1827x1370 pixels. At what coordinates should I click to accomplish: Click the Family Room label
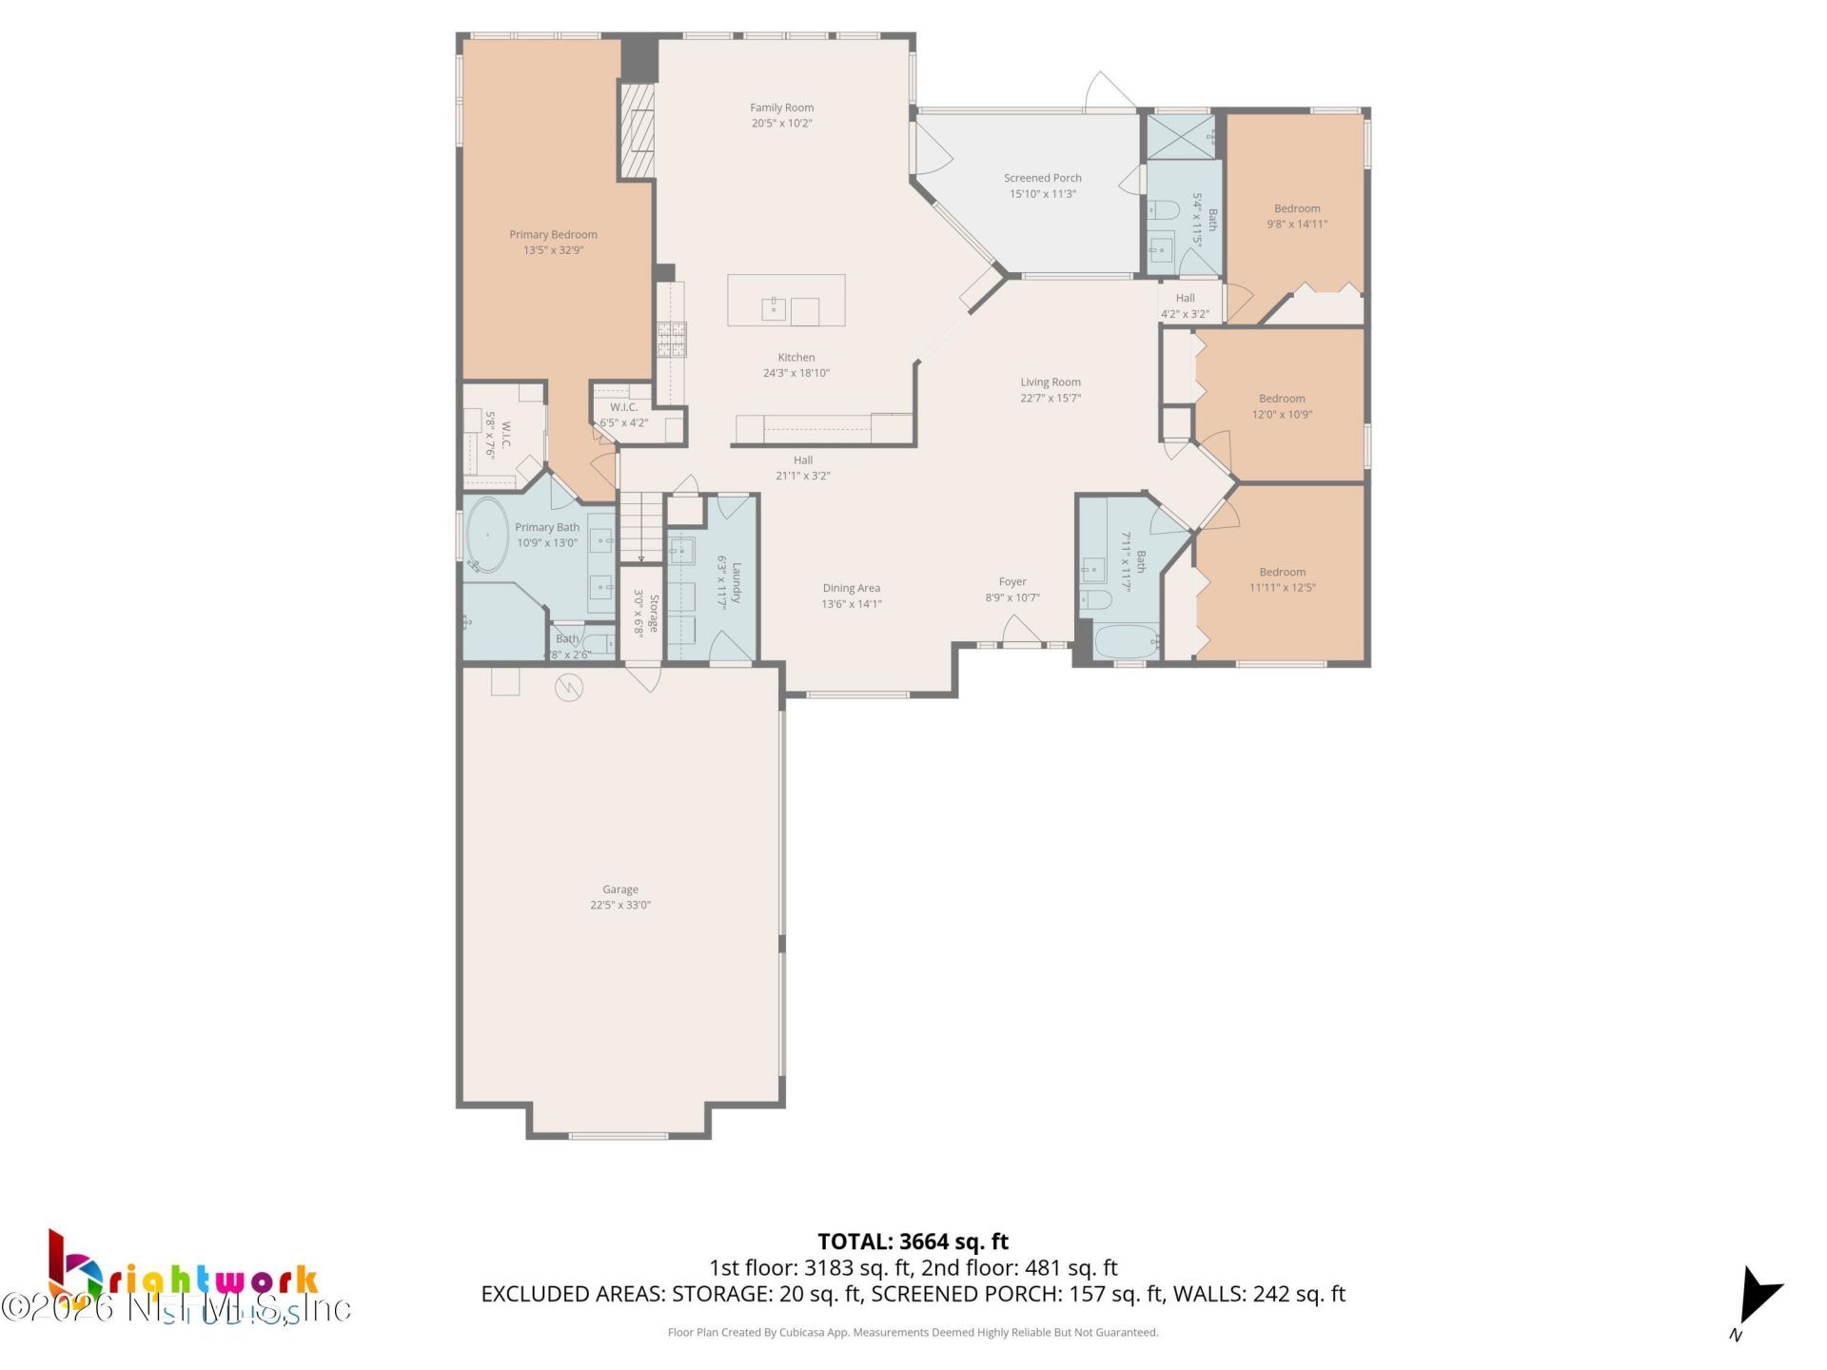point(781,108)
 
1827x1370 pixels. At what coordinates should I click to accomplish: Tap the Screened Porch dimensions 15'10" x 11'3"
point(1042,194)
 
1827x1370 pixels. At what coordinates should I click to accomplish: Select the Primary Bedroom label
point(553,234)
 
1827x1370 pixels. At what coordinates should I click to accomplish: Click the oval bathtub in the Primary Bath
point(488,535)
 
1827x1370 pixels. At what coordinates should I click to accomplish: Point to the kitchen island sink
point(773,309)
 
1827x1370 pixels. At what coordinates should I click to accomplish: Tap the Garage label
point(619,890)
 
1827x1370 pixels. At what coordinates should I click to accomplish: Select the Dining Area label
point(851,588)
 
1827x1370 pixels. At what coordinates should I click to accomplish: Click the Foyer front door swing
point(1020,630)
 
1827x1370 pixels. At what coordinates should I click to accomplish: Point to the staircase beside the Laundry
point(640,527)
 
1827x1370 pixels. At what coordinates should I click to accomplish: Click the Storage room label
point(654,614)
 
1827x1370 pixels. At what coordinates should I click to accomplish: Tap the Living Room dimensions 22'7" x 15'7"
point(1051,399)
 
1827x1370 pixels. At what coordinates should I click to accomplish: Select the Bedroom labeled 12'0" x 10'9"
point(1281,406)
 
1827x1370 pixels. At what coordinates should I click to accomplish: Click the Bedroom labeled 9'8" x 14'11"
point(1296,216)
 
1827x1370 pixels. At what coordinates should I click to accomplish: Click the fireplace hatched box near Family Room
point(637,130)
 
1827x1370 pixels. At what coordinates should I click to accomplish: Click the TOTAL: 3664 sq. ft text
point(913,1242)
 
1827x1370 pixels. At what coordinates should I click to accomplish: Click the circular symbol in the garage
point(569,687)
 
